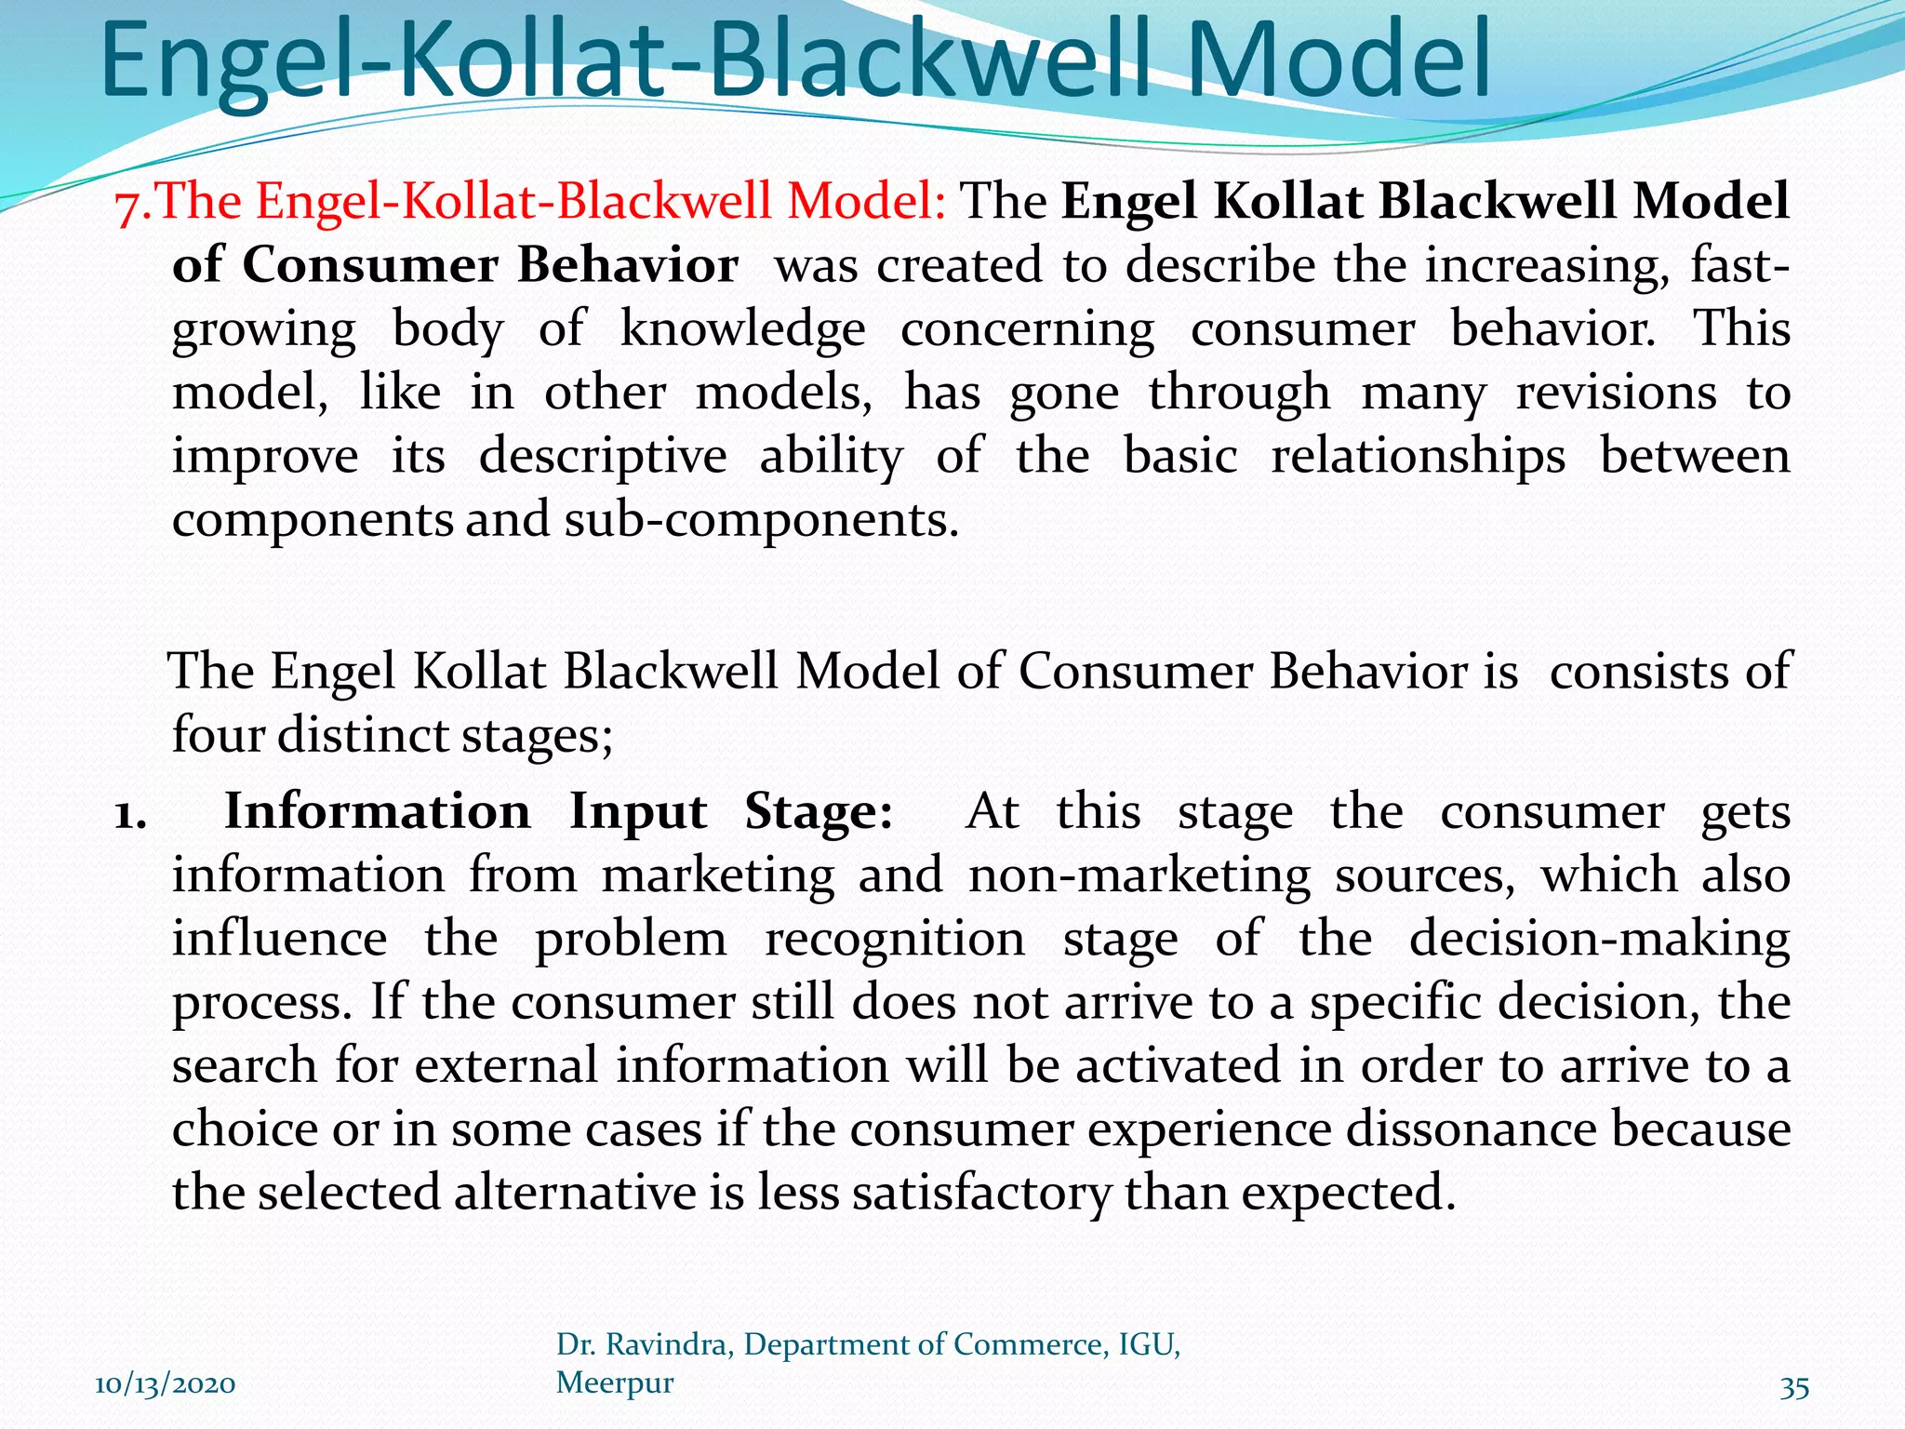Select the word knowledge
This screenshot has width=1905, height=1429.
tap(742, 329)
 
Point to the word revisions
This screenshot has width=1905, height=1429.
tap(1616, 393)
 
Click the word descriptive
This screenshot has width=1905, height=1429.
tap(603, 456)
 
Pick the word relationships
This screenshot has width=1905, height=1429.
tap(1418, 456)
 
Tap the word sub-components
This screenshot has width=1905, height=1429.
tap(760, 519)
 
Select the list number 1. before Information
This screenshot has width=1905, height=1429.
tap(130, 813)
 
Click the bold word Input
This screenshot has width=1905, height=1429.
tap(638, 811)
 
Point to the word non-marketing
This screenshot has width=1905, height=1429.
tap(1139, 875)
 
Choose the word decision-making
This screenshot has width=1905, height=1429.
tap(1599, 939)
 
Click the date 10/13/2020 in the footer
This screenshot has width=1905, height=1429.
tap(166, 1384)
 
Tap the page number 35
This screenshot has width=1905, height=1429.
tap(1794, 1387)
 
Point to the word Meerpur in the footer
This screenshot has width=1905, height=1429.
tap(615, 1382)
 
